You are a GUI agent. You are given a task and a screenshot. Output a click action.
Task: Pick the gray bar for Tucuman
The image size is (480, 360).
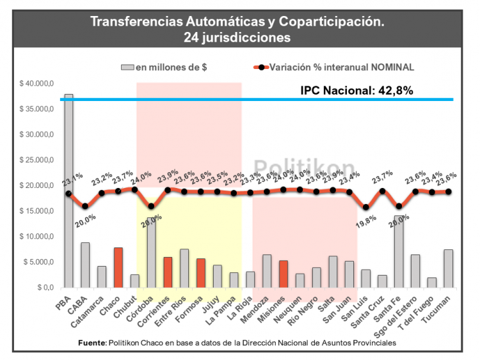coord(448,269)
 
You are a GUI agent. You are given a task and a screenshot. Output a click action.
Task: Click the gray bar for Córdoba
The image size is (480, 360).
coord(151,253)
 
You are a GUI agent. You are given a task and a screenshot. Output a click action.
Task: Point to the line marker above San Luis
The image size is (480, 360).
coord(365,207)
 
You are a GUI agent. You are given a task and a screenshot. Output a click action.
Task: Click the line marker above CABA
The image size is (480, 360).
coord(85,206)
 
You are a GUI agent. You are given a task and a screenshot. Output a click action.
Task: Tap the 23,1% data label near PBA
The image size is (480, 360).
coord(72,177)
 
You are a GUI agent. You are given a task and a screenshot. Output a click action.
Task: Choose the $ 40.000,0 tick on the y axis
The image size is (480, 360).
coord(36,83)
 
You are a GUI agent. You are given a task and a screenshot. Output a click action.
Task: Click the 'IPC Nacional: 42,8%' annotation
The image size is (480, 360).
coord(356,90)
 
